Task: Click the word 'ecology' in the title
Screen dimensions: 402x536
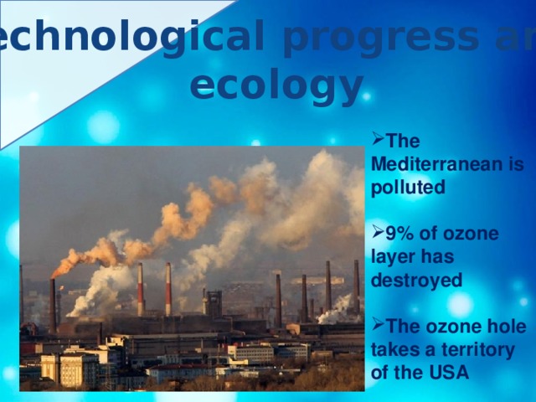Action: [276, 85]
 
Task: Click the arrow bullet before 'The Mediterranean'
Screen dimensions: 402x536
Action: [375, 140]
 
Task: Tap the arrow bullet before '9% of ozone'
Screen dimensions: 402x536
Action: [375, 230]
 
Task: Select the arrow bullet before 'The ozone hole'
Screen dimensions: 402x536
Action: [375, 323]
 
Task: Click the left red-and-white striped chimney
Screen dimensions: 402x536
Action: [140, 289]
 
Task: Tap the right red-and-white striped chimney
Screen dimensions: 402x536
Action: [168, 289]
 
